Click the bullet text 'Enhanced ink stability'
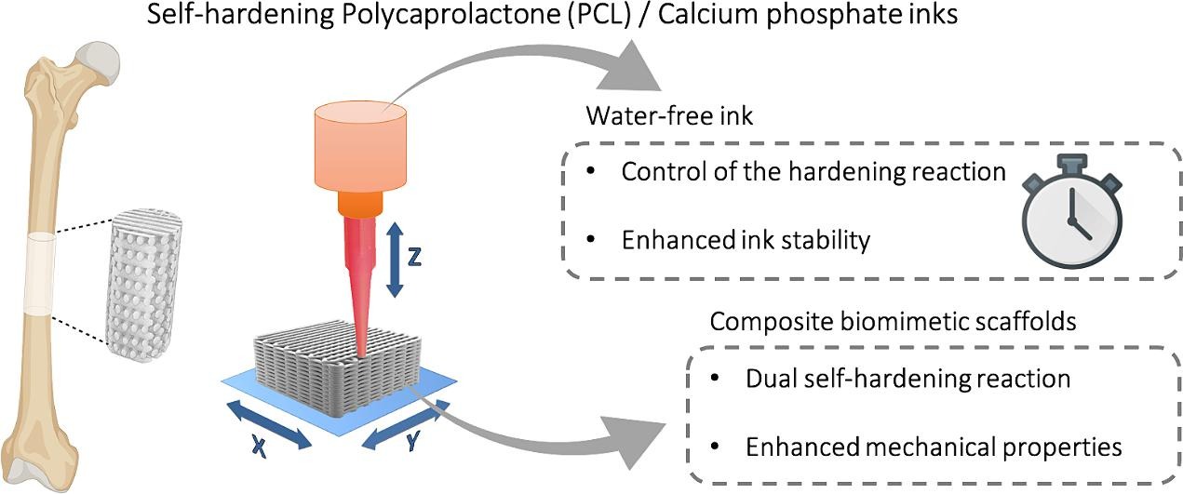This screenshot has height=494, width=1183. coord(745,240)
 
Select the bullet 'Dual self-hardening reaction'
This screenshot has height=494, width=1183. coord(907,379)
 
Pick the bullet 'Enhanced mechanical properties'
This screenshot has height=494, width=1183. coord(934,446)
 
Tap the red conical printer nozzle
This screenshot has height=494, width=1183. coord(359,279)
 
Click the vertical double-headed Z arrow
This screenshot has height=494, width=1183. coord(394,258)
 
